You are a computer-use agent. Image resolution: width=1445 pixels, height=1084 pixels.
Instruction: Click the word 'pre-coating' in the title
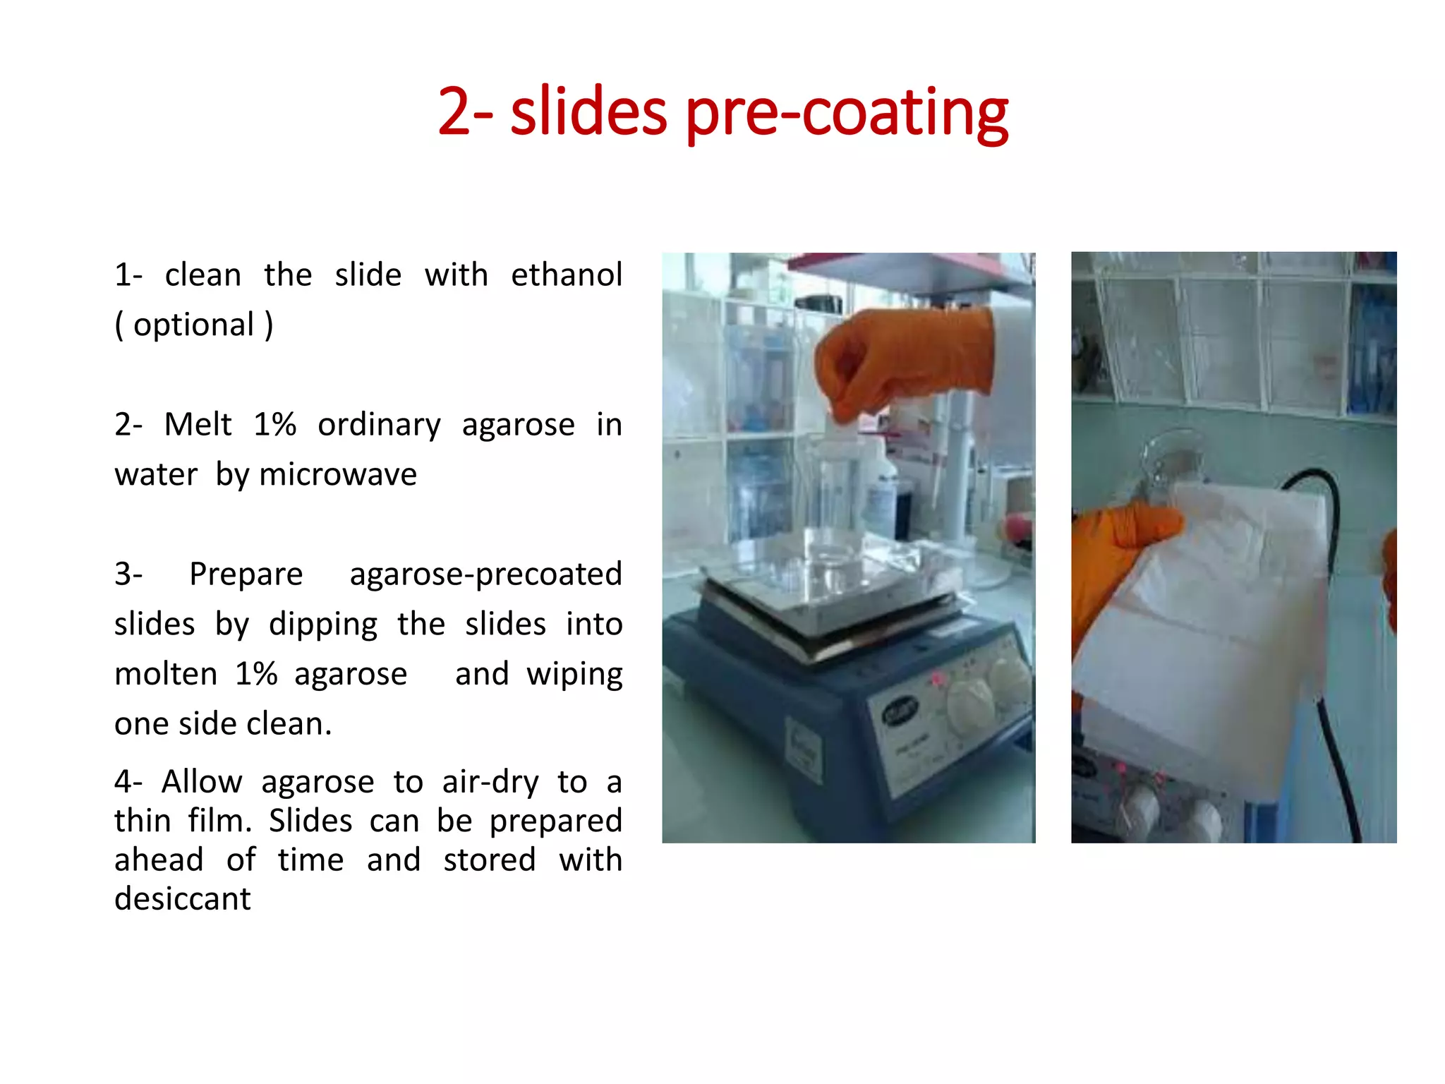point(847,113)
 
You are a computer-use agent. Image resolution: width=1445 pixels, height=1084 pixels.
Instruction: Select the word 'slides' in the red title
point(588,113)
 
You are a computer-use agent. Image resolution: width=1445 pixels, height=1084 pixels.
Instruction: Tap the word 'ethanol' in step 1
point(567,275)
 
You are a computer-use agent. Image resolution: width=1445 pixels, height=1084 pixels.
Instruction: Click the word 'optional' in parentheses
point(193,325)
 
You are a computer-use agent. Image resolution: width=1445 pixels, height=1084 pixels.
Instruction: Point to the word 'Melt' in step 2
point(198,425)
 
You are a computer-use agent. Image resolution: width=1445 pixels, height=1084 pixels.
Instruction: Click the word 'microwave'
point(338,474)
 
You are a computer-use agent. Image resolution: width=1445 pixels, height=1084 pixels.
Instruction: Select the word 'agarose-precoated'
point(485,574)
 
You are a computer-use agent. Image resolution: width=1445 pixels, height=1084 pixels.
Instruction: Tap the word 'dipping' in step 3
point(323,624)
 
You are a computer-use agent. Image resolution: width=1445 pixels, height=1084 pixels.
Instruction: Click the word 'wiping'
point(574,674)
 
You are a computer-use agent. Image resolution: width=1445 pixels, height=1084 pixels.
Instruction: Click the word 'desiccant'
point(182,899)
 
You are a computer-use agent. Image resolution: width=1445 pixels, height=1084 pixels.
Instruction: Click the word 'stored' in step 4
point(490,860)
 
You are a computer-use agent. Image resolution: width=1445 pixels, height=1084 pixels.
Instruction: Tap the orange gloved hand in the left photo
point(903,360)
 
